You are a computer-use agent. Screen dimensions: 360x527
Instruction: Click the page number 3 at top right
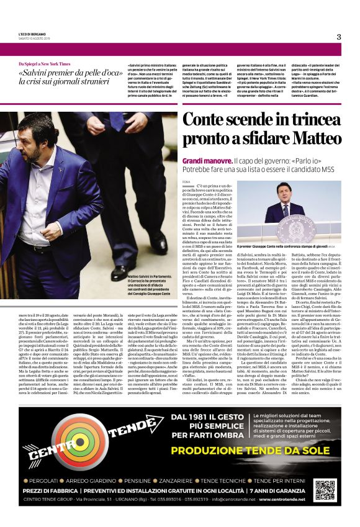pyautogui.click(x=339, y=37)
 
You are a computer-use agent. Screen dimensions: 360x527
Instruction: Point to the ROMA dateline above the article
pyautogui.click(x=186, y=180)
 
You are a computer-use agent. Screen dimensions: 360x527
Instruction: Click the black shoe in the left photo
pyautogui.click(x=119, y=273)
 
